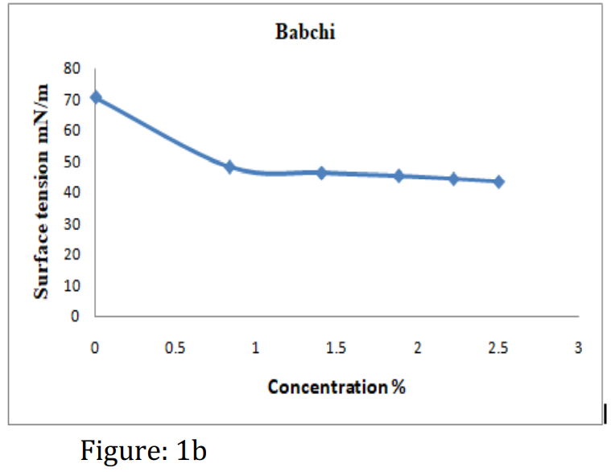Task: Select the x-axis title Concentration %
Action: click(x=336, y=387)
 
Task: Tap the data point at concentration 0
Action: click(x=96, y=97)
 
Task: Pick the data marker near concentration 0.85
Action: click(x=229, y=167)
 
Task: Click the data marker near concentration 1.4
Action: click(x=321, y=173)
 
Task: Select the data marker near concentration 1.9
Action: click(x=398, y=175)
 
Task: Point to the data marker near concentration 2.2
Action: click(x=453, y=179)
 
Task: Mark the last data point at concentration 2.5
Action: click(x=499, y=182)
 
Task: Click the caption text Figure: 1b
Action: click(x=143, y=449)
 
